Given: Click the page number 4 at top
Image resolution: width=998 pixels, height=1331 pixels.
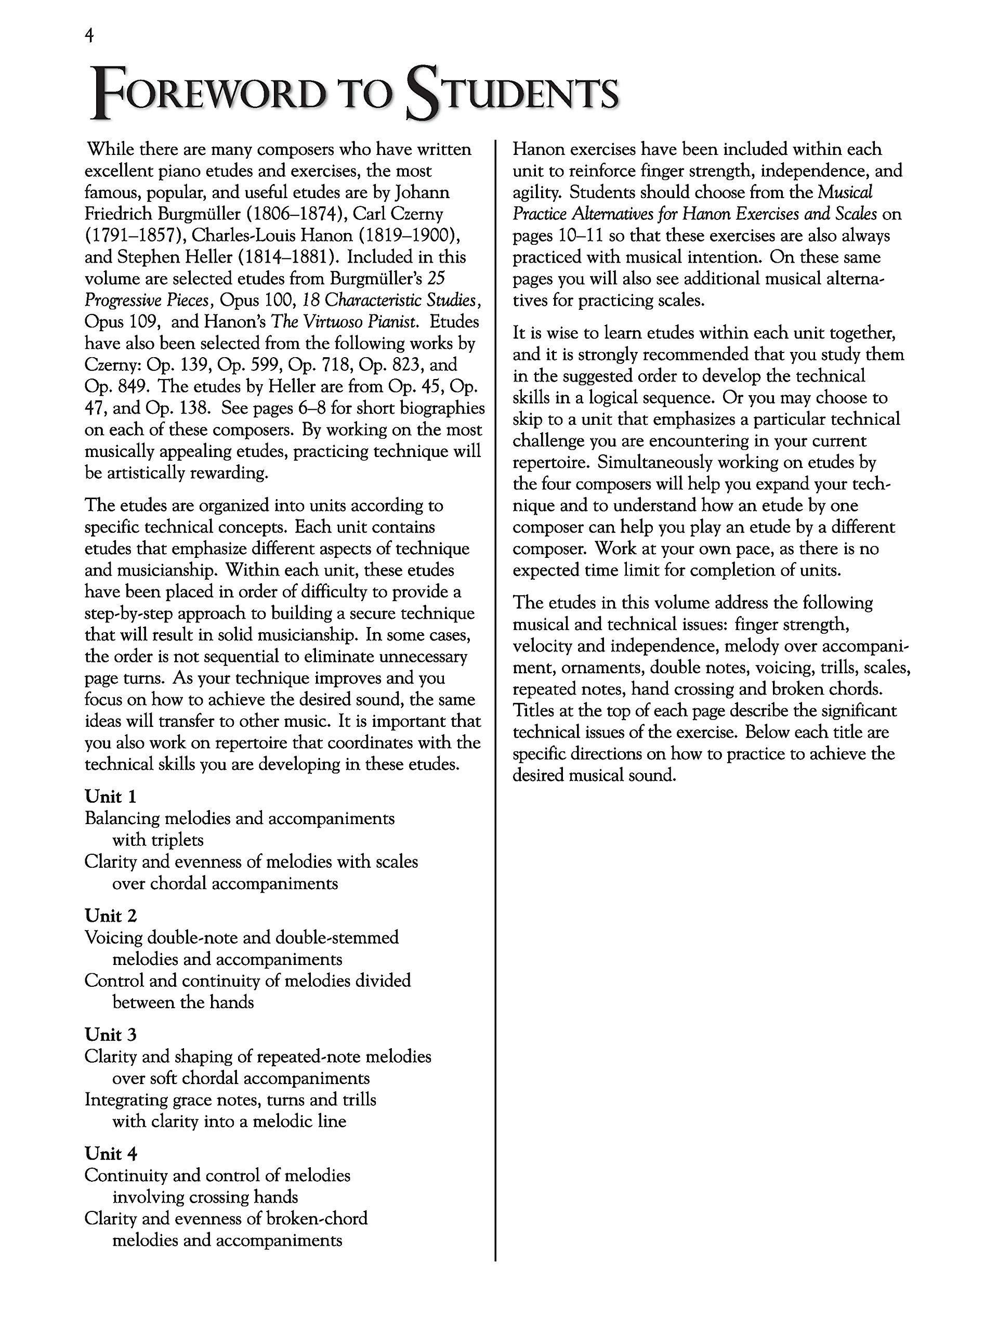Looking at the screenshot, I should click(x=89, y=37).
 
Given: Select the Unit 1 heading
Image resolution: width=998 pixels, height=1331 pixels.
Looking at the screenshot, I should click(x=111, y=797).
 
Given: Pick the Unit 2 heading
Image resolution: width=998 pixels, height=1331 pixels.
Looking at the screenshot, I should click(x=111, y=916).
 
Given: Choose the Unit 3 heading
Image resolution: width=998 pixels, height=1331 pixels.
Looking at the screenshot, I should click(x=111, y=1035).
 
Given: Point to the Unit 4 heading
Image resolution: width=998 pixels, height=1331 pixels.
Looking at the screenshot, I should click(x=111, y=1154).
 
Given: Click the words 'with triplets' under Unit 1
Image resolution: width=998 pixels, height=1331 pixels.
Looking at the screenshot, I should click(x=158, y=840).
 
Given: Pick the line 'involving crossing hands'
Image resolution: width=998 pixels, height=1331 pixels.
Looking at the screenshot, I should click(x=205, y=1197).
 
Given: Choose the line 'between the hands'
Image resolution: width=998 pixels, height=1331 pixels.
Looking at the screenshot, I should click(x=183, y=1002).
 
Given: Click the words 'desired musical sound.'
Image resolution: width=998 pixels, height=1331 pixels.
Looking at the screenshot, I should click(x=594, y=775).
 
